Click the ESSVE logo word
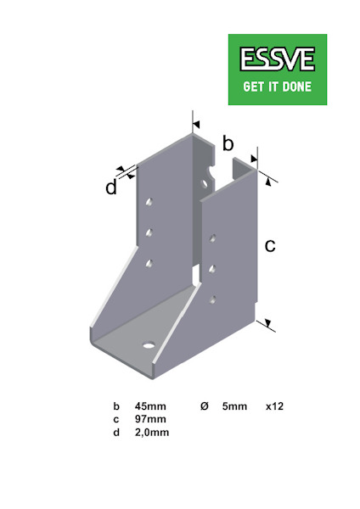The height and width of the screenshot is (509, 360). pyautogui.click(x=278, y=59)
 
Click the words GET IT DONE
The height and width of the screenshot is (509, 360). pyautogui.click(x=278, y=87)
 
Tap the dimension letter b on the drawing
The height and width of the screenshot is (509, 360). pyautogui.click(x=228, y=143)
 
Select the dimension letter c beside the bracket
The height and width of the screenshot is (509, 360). pyautogui.click(x=271, y=246)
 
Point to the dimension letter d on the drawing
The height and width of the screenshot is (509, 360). pyautogui.click(x=111, y=187)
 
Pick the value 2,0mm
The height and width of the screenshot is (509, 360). pyautogui.click(x=153, y=432)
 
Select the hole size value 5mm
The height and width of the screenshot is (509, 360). pyautogui.click(x=234, y=406)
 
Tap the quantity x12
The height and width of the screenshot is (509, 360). pyautogui.click(x=274, y=406)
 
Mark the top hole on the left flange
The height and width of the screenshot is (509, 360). pyautogui.click(x=149, y=203)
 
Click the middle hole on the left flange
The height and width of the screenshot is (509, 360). pyautogui.click(x=149, y=231)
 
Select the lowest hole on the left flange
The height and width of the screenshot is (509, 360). pyautogui.click(x=149, y=264)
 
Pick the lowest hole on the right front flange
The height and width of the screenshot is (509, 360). pyautogui.click(x=213, y=298)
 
